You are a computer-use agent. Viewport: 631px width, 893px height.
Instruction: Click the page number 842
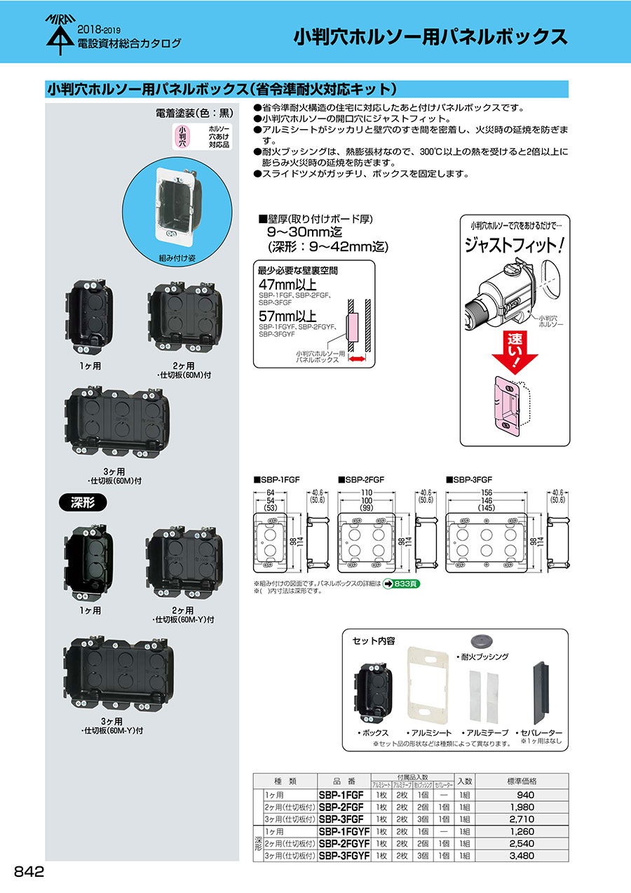click(x=29, y=872)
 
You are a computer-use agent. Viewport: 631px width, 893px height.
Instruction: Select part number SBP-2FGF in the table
click(x=341, y=807)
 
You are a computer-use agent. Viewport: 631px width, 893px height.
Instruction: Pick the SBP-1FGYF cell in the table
click(x=345, y=832)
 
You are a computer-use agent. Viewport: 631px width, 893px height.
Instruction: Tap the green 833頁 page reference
click(x=401, y=583)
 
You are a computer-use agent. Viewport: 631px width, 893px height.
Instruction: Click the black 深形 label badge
click(x=82, y=502)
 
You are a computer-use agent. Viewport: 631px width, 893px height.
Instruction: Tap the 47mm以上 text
click(x=287, y=285)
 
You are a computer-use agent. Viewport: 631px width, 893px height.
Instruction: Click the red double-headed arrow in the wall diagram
click(x=358, y=359)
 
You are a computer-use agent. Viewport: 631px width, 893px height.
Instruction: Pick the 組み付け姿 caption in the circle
click(x=177, y=257)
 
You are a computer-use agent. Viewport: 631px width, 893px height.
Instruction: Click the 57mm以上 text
click(x=287, y=316)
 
